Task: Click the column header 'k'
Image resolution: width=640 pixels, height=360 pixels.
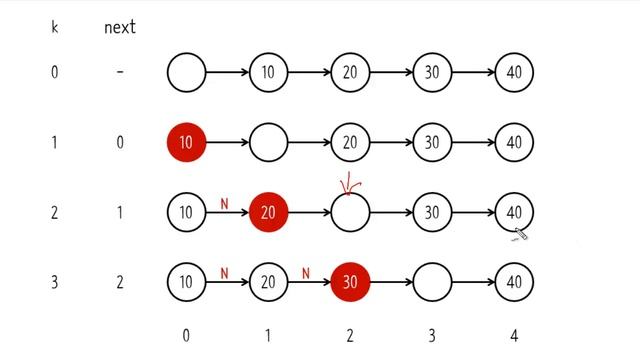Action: click(x=54, y=27)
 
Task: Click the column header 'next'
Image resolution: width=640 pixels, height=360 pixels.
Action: click(x=119, y=27)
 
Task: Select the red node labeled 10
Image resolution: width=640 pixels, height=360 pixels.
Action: click(x=186, y=143)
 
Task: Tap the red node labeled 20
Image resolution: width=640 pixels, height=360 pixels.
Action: click(x=268, y=213)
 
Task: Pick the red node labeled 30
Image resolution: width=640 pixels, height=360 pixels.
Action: click(x=350, y=282)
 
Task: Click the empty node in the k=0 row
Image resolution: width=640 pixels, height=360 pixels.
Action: click(x=186, y=72)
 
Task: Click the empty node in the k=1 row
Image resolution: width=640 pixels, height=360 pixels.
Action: click(x=268, y=143)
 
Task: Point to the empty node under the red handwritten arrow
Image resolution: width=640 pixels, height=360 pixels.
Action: click(x=350, y=213)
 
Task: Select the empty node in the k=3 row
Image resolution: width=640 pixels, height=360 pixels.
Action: click(x=432, y=282)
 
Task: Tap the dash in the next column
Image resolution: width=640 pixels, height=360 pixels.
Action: click(x=120, y=72)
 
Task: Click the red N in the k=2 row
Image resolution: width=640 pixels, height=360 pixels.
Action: click(x=225, y=203)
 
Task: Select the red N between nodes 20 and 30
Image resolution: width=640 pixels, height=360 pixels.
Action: click(x=306, y=273)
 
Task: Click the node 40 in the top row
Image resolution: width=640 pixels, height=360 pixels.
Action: click(x=514, y=72)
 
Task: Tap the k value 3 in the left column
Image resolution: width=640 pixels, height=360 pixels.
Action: click(x=54, y=282)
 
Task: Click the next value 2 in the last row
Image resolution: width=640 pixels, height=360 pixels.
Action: click(x=120, y=282)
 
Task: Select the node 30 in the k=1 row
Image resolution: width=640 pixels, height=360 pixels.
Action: click(x=432, y=143)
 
